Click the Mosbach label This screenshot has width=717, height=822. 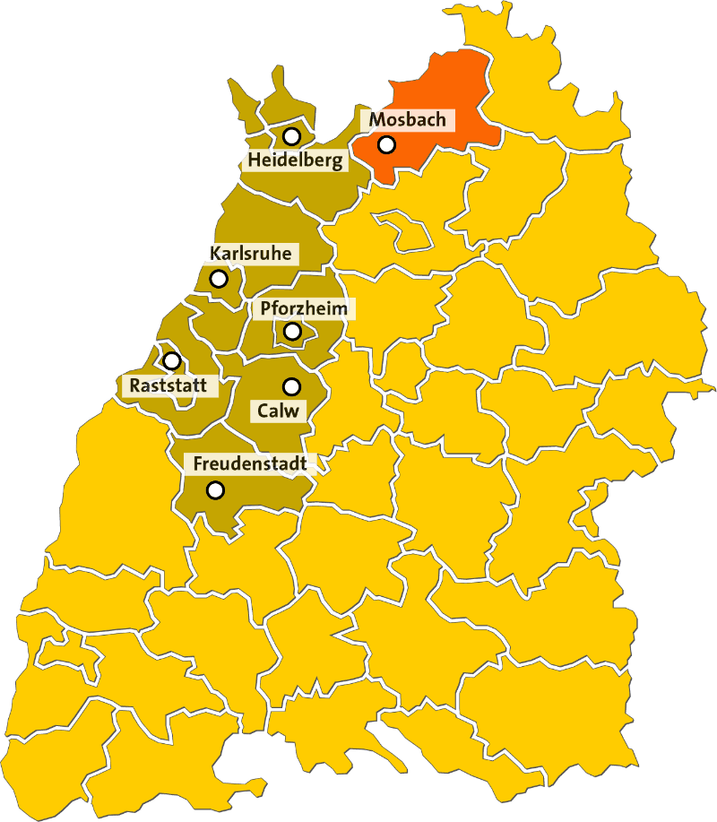pyautogui.click(x=407, y=119)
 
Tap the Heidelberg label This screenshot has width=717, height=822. pyautogui.click(x=295, y=161)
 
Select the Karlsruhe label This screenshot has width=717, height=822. pyautogui.click(x=250, y=254)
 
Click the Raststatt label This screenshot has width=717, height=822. pyautogui.click(x=168, y=386)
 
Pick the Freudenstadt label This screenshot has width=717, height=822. pyautogui.click(x=250, y=464)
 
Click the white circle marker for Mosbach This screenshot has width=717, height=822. pyautogui.click(x=386, y=143)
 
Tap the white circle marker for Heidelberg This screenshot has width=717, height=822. pyautogui.click(x=291, y=136)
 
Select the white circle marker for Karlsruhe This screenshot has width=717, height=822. pyautogui.click(x=219, y=279)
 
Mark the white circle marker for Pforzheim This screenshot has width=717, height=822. pyautogui.click(x=292, y=332)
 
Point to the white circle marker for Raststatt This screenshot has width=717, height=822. pyautogui.click(x=171, y=360)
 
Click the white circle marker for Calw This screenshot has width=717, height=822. pyautogui.click(x=291, y=386)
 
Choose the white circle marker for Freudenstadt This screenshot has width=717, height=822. pyautogui.click(x=215, y=490)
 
